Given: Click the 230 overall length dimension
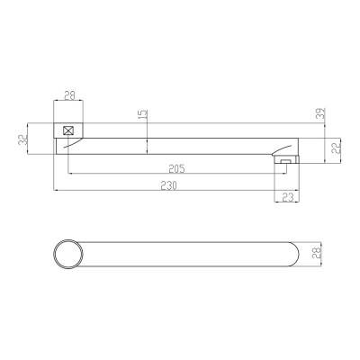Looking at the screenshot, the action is tap(169, 185).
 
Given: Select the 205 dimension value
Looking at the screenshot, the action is tap(176, 169).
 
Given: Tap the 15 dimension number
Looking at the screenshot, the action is tap(144, 114).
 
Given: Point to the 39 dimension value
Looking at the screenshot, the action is tap(321, 113).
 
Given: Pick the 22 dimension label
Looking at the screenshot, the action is tap(337, 148).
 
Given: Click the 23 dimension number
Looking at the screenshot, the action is tap(287, 197).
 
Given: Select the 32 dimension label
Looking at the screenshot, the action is tap(22, 139).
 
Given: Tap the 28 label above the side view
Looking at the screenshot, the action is tap(70, 96).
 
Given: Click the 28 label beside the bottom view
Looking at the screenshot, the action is tap(317, 254).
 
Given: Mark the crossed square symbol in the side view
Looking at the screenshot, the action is tap(68, 130).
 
